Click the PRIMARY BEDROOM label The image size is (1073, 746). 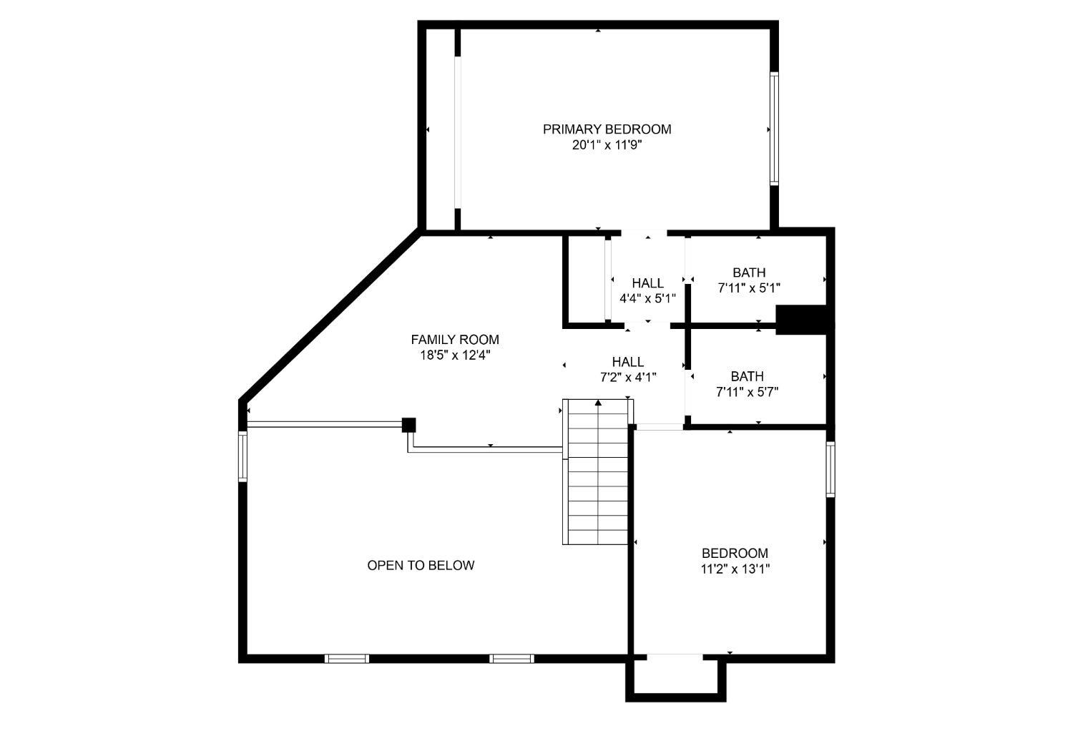click(607, 129)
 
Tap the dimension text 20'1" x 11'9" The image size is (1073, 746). click(607, 145)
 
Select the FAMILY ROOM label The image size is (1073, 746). click(455, 340)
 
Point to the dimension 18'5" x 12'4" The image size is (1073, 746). click(455, 355)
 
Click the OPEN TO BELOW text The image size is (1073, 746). click(421, 566)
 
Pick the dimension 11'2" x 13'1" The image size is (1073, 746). click(735, 569)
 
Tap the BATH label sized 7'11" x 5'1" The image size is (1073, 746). click(749, 273)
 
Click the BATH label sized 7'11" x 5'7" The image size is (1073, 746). click(748, 376)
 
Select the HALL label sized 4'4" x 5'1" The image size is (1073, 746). click(648, 283)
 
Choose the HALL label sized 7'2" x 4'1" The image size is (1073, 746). click(628, 362)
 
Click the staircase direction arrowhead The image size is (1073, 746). click(598, 403)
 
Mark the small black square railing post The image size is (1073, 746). click(408, 425)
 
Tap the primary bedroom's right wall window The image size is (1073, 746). click(774, 128)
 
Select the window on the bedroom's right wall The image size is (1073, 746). click(831, 469)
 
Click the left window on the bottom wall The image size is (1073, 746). click(347, 659)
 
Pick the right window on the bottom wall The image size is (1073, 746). click(511, 659)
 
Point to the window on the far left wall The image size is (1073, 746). click(243, 456)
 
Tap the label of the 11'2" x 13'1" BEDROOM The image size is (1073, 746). click(735, 554)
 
